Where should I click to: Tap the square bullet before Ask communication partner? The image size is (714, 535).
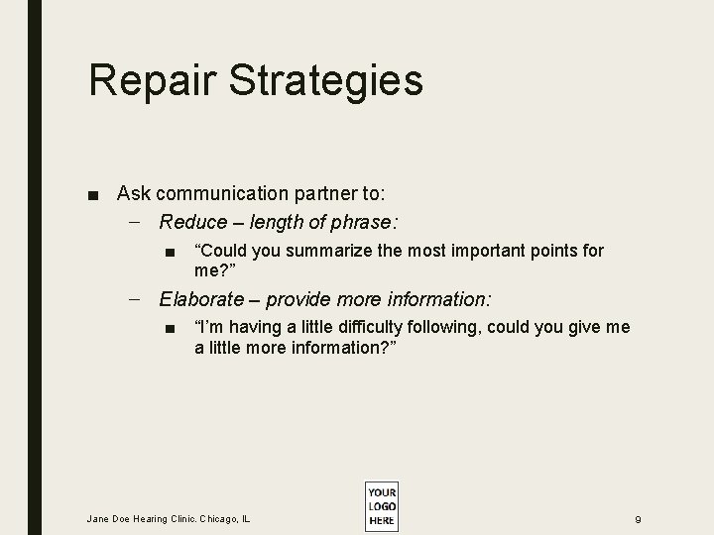click(x=92, y=194)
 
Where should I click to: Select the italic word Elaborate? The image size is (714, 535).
click(x=200, y=298)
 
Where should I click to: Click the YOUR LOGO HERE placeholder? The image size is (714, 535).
click(x=381, y=505)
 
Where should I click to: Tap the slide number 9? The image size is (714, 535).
click(x=639, y=518)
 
